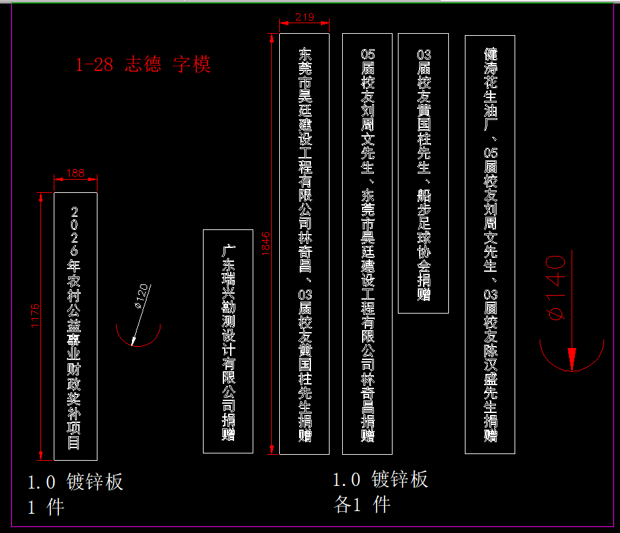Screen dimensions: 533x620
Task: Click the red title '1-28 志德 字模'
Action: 143,65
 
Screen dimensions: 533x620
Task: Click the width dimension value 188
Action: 76,173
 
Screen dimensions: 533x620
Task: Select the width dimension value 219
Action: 304,17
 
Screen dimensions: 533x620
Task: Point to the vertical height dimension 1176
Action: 35,318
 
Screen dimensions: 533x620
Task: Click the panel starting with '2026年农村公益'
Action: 75,326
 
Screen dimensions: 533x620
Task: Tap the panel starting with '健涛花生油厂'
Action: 490,244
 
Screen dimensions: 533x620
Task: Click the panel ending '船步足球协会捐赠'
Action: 423,173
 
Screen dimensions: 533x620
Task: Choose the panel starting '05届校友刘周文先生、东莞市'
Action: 367,244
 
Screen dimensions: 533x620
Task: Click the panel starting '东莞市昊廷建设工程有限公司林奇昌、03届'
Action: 304,244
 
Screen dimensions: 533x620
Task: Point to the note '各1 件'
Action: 362,504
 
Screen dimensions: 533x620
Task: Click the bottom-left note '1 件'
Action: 46,507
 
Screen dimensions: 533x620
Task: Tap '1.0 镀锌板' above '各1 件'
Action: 380,479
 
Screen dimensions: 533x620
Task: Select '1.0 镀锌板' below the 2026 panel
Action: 76,482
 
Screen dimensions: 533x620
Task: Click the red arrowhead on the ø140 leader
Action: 572,357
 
